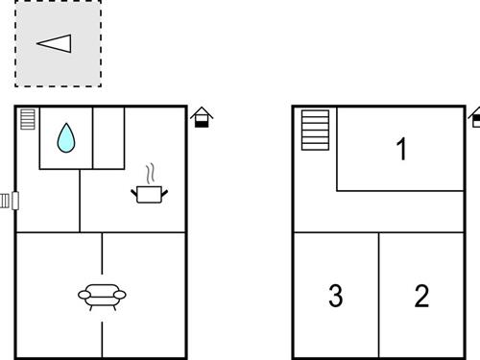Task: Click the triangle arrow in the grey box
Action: tap(55, 43)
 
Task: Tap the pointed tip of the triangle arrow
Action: tap(38, 43)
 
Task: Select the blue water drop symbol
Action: tap(65, 138)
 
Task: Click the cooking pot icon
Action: tap(149, 194)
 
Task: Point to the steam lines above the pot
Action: tap(150, 174)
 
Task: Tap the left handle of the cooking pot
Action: tap(134, 191)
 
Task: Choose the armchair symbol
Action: tap(102, 295)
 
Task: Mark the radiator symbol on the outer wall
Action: tap(9, 201)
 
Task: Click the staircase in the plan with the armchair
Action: tap(27, 120)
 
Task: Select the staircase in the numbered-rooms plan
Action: tap(315, 130)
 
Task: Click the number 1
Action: tap(401, 149)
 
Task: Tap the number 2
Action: tap(421, 296)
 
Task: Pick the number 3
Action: tap(335, 296)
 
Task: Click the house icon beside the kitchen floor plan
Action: tap(202, 117)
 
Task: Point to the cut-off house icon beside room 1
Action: tap(475, 118)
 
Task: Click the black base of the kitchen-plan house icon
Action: tap(202, 123)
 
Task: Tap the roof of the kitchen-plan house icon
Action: tap(202, 111)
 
